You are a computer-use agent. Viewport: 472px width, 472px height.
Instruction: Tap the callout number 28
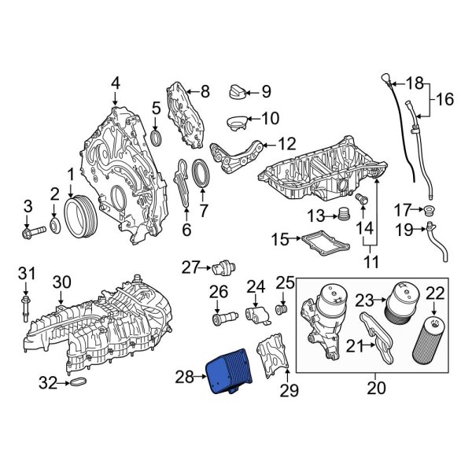pos(184,378)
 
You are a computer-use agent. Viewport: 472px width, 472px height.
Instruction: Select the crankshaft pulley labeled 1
pos(79,213)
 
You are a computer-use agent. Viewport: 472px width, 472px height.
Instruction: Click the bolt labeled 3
pos(115,83)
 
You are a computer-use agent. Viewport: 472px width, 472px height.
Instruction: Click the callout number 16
pos(445,99)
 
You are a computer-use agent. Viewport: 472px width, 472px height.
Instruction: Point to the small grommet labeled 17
pos(429,210)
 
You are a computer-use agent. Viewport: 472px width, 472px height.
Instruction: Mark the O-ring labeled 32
pos(78,384)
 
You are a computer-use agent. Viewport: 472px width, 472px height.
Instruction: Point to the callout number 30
pos(61,282)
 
